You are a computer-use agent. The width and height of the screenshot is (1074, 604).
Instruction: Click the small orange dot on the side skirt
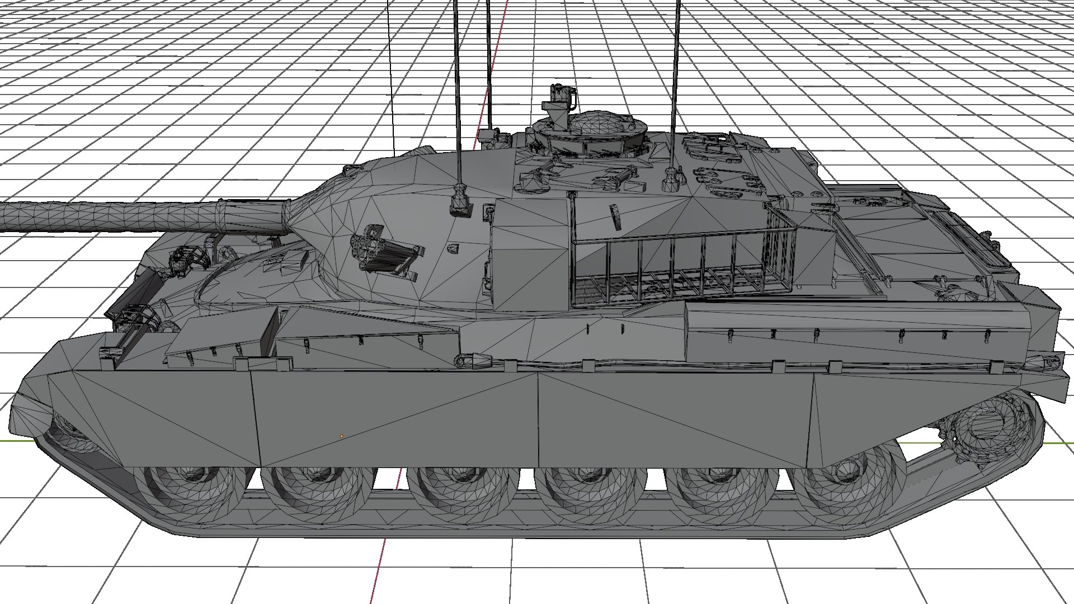pos(341,436)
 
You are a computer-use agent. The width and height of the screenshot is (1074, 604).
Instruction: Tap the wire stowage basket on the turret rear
pos(682,263)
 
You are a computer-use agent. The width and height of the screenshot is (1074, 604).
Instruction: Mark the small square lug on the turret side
pos(454,247)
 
